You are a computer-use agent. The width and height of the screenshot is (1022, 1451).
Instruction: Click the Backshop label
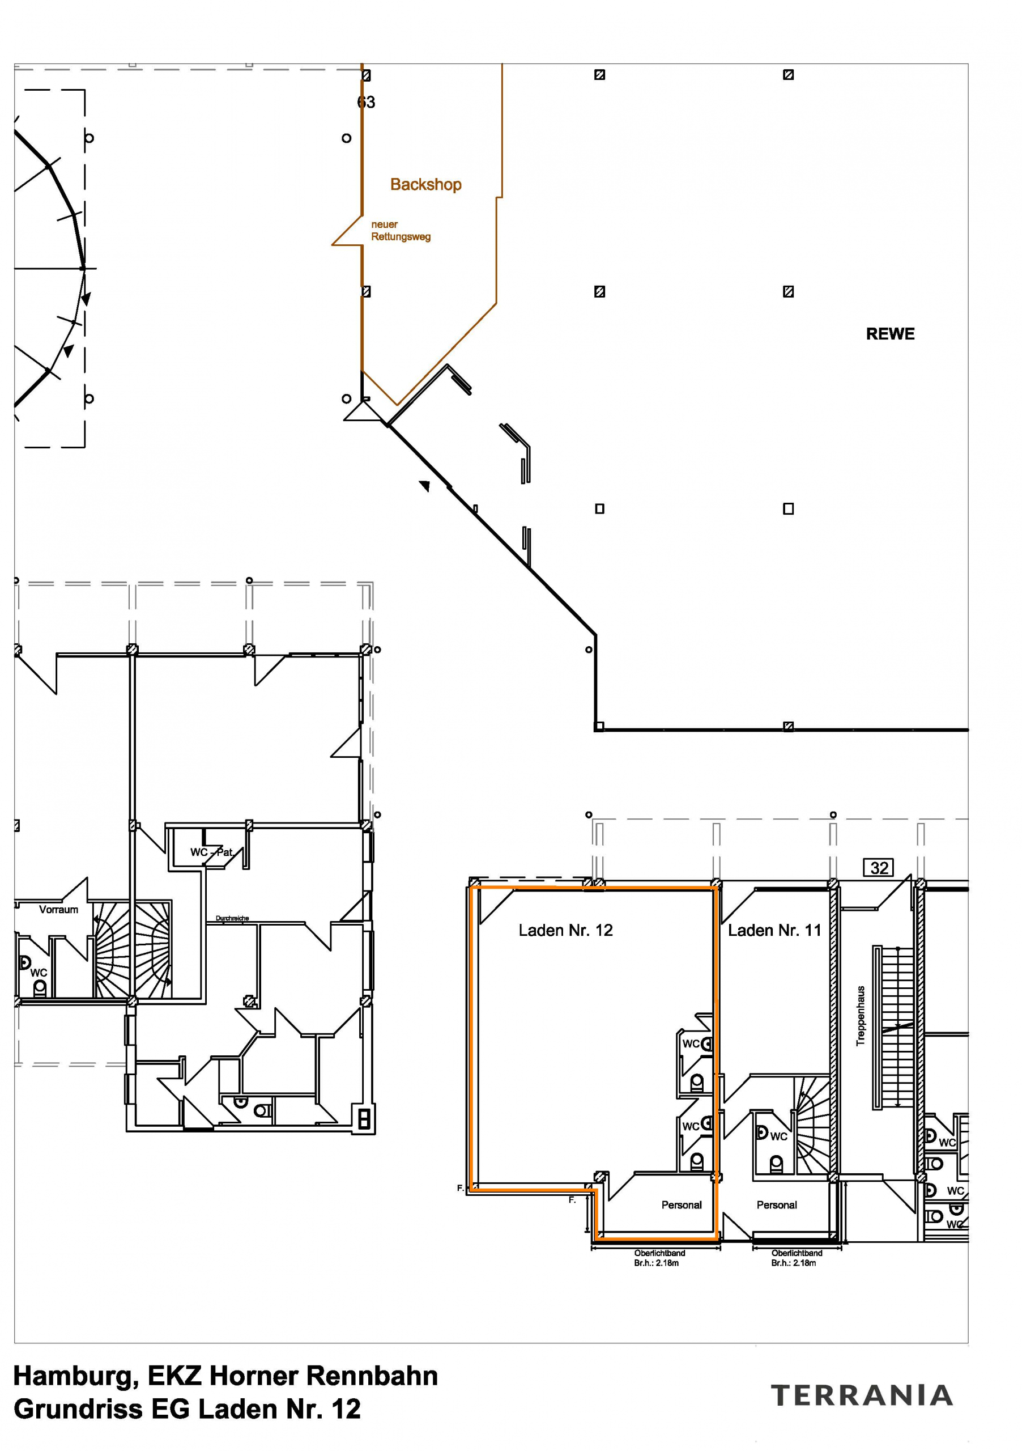[x=425, y=185]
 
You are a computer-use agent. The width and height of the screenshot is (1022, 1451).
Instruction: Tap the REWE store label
[x=890, y=334]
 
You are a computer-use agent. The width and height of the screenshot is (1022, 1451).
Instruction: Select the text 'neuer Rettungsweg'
[x=401, y=231]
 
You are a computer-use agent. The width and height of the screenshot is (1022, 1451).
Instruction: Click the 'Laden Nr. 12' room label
[x=565, y=930]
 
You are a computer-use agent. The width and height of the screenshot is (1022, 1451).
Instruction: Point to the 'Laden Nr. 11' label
[x=774, y=930]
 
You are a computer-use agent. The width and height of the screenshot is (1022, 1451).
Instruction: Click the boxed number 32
[x=879, y=868]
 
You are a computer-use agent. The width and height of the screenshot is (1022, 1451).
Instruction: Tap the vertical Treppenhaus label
[x=861, y=1016]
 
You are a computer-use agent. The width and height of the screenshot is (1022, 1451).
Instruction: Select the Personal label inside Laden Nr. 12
[x=681, y=1205]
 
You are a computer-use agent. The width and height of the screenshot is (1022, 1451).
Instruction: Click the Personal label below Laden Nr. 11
[x=776, y=1205]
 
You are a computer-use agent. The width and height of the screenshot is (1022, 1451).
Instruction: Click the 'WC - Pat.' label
[x=212, y=852]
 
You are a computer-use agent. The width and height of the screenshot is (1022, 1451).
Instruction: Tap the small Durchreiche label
[x=232, y=918]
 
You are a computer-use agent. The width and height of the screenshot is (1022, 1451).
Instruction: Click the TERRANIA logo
[x=862, y=1395]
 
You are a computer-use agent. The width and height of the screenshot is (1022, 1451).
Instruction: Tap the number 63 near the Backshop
[x=366, y=103]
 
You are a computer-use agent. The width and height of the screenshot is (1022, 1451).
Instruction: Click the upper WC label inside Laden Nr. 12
[x=691, y=1044]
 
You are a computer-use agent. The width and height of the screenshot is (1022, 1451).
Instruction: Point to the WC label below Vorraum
[x=39, y=973]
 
